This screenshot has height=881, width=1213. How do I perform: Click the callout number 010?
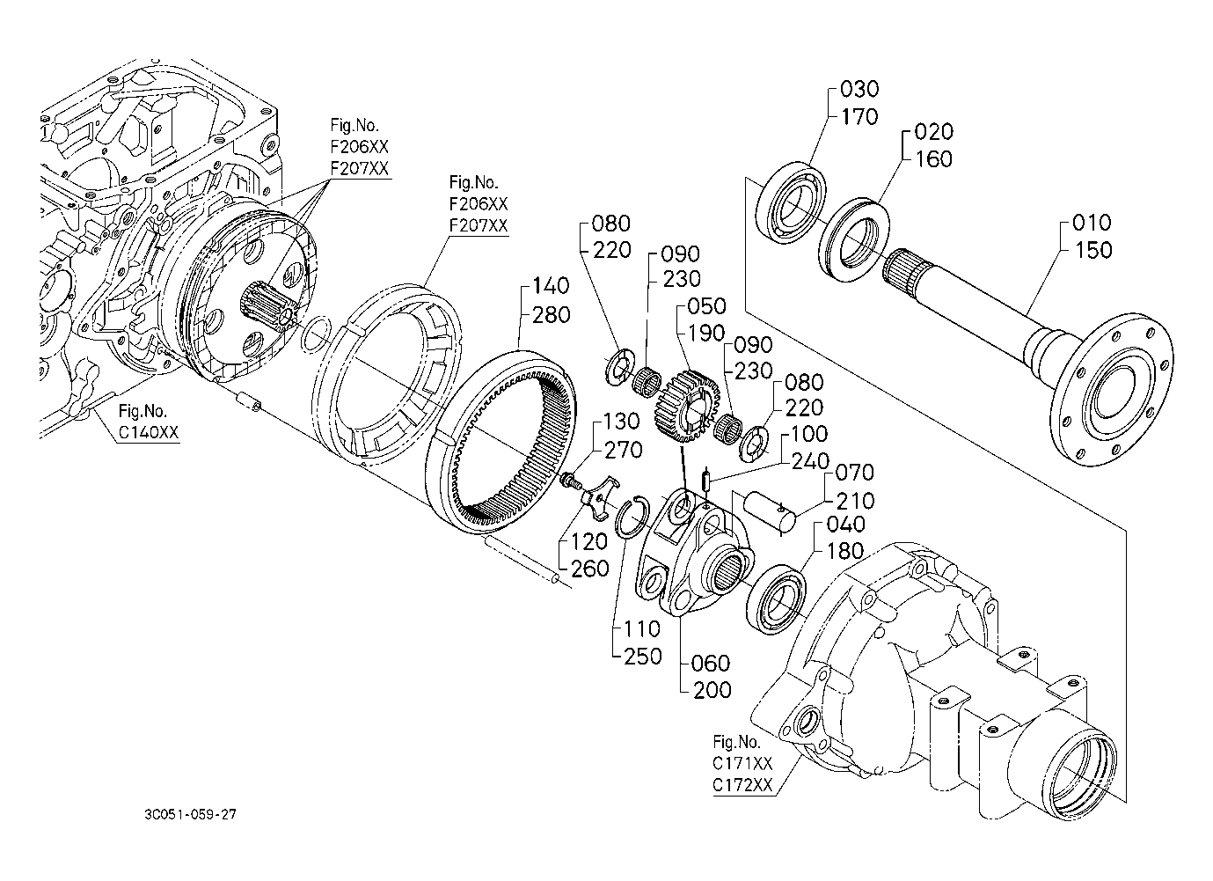tap(1092, 223)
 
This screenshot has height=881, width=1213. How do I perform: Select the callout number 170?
tap(859, 116)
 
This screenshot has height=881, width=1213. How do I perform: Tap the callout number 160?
tap(933, 159)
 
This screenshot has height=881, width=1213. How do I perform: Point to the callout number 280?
tap(552, 314)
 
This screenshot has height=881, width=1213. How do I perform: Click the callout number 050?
tap(707, 306)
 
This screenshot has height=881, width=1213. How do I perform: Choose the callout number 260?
tap(589, 569)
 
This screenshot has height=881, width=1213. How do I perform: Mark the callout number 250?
tap(642, 656)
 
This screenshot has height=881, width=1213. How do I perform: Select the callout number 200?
tap(712, 690)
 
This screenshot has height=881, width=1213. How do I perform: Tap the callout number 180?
tap(845, 552)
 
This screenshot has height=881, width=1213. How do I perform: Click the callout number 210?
tap(855, 502)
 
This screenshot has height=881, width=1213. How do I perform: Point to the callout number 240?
tap(809, 461)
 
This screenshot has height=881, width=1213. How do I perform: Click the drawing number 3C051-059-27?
tap(190, 814)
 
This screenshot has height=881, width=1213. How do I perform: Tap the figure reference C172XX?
tap(742, 783)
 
